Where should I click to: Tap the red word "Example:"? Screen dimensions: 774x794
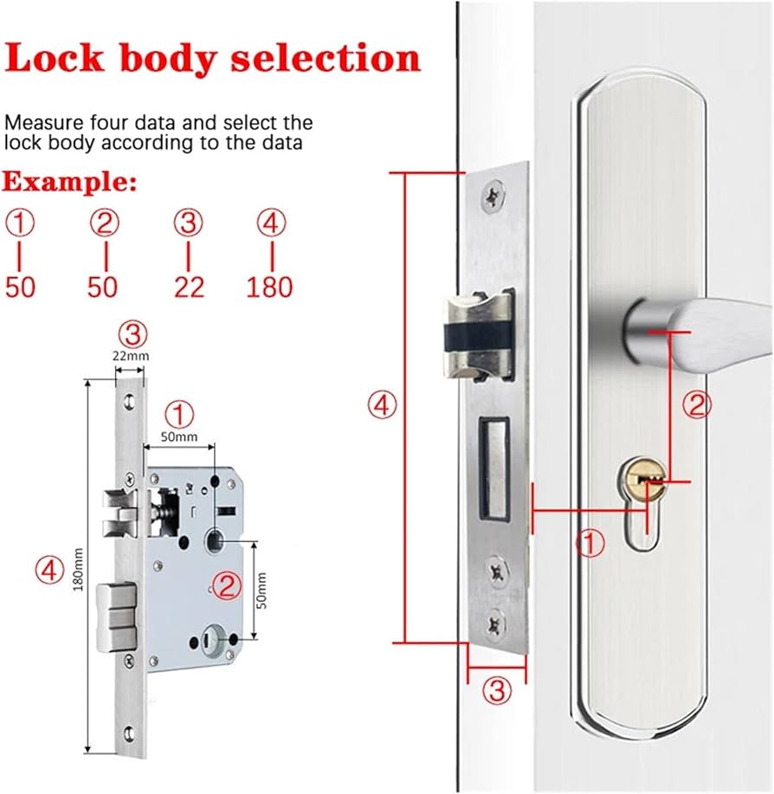(x=69, y=183)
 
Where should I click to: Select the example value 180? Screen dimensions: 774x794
(x=269, y=287)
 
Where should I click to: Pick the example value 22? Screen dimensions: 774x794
(x=188, y=287)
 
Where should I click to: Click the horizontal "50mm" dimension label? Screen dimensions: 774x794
(x=179, y=436)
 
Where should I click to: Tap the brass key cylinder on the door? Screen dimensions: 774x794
(x=646, y=475)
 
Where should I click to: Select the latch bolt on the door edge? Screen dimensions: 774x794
(x=475, y=336)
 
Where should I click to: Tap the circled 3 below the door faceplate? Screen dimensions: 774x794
(x=496, y=690)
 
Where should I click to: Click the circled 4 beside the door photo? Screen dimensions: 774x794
(x=382, y=404)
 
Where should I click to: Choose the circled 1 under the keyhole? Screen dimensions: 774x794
(x=591, y=544)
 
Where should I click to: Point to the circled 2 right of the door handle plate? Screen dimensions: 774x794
(x=697, y=404)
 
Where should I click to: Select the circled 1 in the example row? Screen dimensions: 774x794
(x=21, y=224)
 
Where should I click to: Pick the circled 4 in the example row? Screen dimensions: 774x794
(x=271, y=224)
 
